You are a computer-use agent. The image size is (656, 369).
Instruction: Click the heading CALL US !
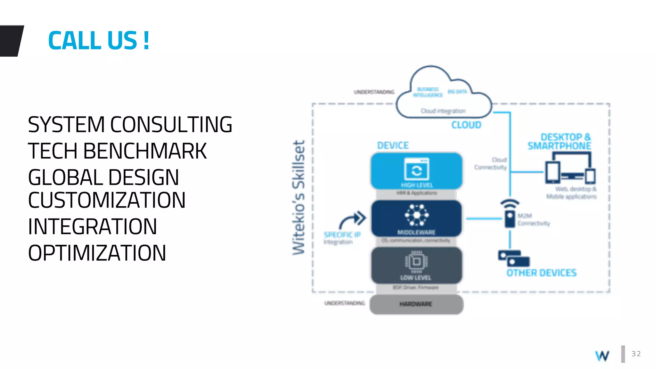coord(99,41)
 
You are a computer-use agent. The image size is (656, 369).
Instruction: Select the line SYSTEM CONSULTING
coord(130,125)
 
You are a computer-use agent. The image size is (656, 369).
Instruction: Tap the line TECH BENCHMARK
coord(117,151)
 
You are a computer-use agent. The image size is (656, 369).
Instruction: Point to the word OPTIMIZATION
coord(97,253)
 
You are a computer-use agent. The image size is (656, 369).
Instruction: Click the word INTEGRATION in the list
coord(93,227)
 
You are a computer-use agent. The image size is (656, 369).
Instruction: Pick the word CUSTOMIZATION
coord(107,200)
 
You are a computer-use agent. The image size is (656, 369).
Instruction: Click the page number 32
coord(636,354)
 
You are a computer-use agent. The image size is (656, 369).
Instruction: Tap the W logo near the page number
coord(602,356)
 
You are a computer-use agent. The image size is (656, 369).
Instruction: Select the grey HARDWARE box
coord(416,304)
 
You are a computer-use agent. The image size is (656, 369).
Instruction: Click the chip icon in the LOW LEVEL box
coord(416,261)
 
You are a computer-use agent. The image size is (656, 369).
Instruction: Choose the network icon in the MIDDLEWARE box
coord(416,215)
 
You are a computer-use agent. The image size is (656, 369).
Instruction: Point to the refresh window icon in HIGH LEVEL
coord(416,169)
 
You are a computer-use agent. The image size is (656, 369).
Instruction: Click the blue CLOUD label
coord(466,125)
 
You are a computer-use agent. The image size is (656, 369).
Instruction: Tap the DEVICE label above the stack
coord(393,145)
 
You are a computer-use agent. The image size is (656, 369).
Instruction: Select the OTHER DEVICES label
coord(541,273)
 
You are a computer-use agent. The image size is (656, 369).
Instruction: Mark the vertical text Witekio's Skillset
coord(299,198)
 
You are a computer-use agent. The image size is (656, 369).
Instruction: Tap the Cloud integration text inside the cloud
coord(443,111)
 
